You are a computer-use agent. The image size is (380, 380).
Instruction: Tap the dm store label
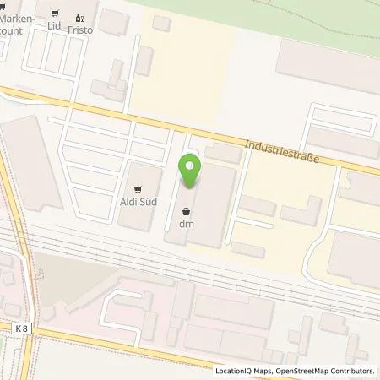tap(186, 224)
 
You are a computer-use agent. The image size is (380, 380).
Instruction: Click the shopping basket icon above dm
tap(186, 212)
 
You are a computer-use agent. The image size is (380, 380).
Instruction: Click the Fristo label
tap(81, 26)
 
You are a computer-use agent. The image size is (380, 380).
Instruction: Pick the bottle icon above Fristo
tap(81, 14)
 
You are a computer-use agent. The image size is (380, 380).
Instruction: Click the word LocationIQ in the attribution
tap(236, 371)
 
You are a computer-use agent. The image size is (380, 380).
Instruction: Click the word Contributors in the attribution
tap(352, 371)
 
